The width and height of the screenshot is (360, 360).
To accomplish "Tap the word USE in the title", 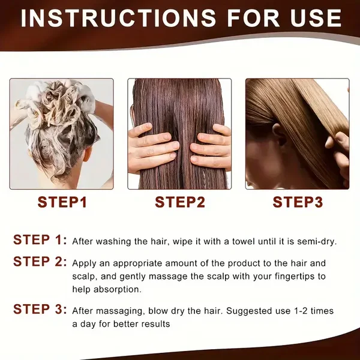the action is [x=316, y=19].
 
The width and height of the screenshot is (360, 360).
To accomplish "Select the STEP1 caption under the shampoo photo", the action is [x=62, y=202].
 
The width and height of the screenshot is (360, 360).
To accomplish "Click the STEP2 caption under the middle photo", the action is [x=180, y=202].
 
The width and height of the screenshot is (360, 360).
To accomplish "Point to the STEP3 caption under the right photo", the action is [x=298, y=202].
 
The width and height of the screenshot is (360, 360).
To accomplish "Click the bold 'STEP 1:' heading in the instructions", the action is [x=40, y=239].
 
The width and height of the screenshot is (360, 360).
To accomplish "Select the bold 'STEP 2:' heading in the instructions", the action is [x=40, y=262].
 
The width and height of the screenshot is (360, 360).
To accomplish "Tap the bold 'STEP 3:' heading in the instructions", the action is [x=40, y=309].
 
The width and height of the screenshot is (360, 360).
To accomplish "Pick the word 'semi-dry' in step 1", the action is [x=317, y=242].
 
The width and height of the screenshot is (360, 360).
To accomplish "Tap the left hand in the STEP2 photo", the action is [x=152, y=148].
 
